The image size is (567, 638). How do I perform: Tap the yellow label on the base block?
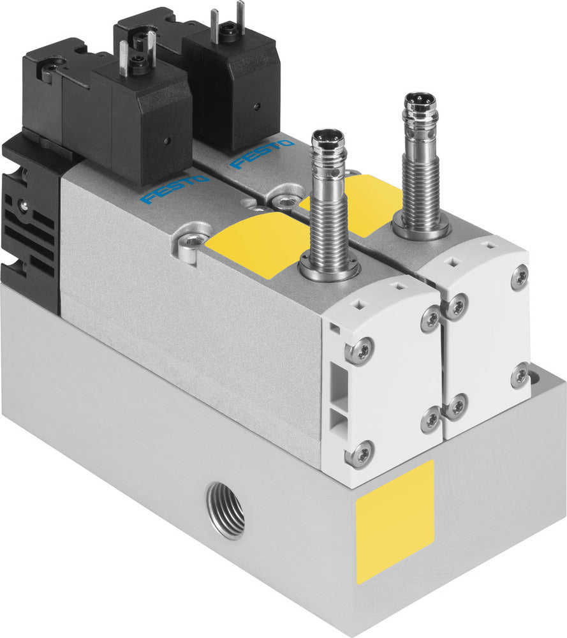(x=395, y=520)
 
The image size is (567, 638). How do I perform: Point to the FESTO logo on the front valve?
(x=174, y=189)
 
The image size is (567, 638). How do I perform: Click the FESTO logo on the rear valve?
(x=261, y=154)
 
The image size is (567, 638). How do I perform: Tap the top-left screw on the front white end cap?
(x=358, y=350)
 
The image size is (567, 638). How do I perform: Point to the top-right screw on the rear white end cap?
(x=520, y=276)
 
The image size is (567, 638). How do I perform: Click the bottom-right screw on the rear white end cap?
(x=520, y=375)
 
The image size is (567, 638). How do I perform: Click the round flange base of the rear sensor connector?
(x=421, y=228)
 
